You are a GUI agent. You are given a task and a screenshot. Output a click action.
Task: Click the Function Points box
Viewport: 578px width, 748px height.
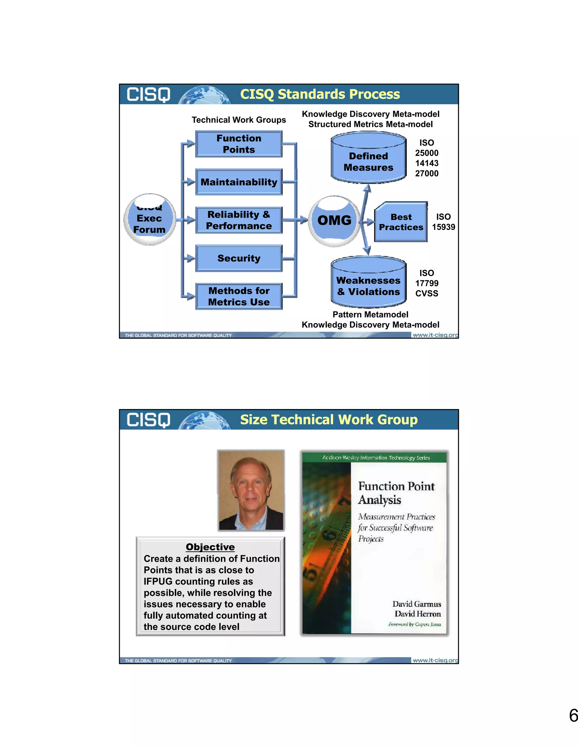239,144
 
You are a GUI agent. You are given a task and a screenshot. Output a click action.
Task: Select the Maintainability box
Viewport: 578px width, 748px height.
239,182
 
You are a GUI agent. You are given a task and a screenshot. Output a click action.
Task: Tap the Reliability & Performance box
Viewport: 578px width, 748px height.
239,220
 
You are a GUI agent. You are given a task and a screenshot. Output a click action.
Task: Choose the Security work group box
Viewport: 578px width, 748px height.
239,258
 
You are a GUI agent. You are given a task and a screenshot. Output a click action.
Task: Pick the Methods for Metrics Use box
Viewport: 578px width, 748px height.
239,296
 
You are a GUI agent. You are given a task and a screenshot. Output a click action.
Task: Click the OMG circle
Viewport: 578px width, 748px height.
334,220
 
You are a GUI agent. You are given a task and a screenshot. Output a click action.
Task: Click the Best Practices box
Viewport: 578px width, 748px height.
401,222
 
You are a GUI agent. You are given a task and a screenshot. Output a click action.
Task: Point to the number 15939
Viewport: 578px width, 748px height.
443,227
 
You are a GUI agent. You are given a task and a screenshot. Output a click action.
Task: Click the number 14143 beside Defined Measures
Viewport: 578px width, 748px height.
427,163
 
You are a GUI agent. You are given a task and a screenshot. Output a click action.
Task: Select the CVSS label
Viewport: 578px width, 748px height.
427,294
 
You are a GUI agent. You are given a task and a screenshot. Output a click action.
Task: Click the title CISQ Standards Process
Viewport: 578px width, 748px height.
320,94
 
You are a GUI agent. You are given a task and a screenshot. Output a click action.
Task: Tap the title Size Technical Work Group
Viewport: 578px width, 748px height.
329,419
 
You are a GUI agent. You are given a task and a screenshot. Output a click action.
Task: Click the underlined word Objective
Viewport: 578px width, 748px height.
210,547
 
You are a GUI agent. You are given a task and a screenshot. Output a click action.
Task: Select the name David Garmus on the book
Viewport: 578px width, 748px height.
416,604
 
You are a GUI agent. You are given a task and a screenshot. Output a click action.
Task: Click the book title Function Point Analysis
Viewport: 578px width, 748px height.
396,493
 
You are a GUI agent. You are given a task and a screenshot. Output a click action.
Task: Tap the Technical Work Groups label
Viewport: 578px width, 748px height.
239,120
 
